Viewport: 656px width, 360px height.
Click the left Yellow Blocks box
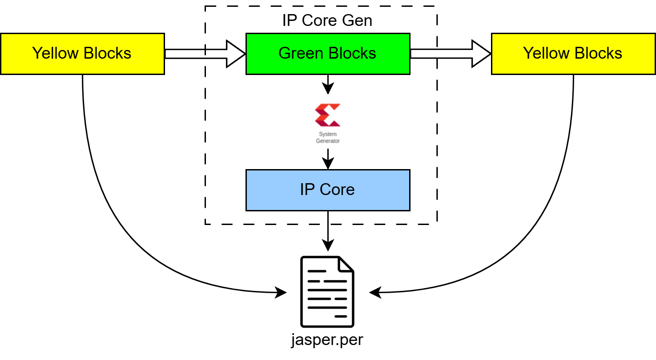(82, 54)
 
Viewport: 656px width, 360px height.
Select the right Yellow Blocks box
(573, 54)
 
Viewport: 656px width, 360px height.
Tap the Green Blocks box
(327, 54)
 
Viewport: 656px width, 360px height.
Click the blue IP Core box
(327, 190)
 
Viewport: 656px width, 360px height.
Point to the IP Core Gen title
(327, 20)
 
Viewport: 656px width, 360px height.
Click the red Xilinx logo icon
(327, 115)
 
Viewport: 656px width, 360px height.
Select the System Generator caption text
(327, 138)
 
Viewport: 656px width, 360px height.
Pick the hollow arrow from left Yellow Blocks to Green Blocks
(205, 54)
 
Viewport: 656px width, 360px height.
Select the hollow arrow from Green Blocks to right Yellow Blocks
(450, 54)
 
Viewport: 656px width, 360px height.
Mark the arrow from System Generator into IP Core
(327, 159)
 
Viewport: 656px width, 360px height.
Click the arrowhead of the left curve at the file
(281, 293)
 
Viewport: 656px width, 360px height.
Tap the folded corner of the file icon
(346, 264)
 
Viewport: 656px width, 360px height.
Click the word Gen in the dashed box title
(358, 20)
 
